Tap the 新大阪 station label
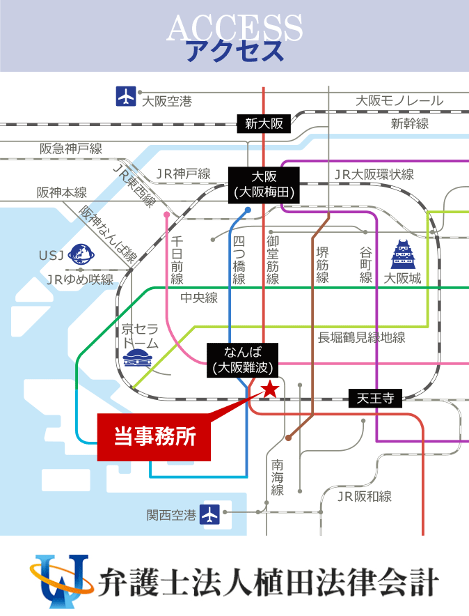point(264,124)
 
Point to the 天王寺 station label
point(375,399)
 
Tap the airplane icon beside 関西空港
point(209,515)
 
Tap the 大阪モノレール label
point(399,101)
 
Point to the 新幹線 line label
point(409,124)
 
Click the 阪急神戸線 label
point(70,148)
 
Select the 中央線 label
point(199,298)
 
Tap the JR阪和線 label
point(364,497)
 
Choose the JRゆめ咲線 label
point(79,279)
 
